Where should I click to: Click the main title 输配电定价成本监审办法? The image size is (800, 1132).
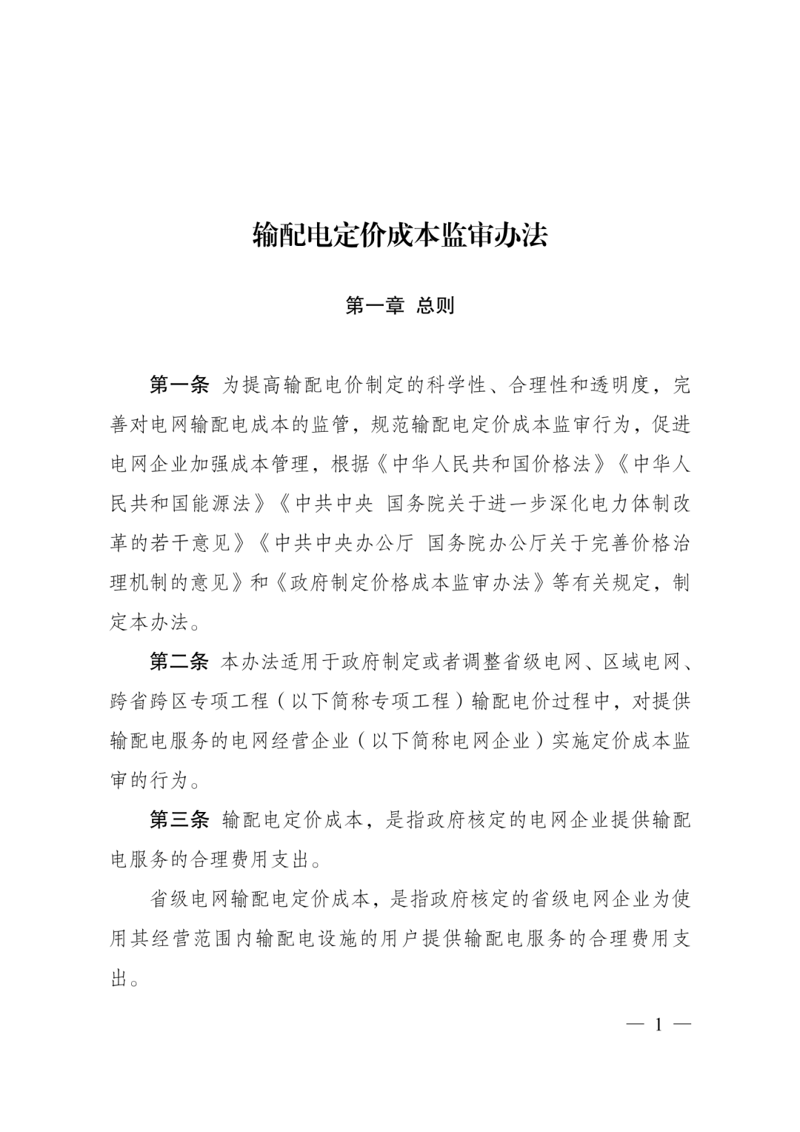coord(400,236)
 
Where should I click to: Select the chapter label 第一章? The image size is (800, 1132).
coord(375,306)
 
